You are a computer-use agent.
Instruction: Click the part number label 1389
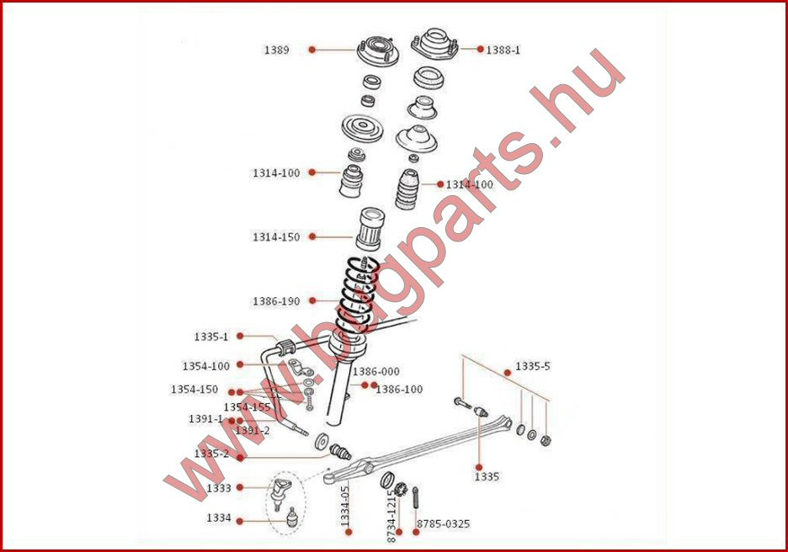(276, 50)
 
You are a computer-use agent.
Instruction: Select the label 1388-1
(503, 50)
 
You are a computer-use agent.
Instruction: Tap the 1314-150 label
(276, 236)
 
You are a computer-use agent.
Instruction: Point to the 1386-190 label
(276, 301)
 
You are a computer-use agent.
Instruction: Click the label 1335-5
(533, 366)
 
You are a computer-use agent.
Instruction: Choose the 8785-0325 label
(443, 524)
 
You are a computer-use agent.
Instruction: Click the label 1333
(219, 488)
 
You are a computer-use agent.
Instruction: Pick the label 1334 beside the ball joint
(219, 517)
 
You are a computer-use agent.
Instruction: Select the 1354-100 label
(205, 366)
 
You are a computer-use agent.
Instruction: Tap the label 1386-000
(376, 372)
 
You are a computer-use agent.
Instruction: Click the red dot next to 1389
(312, 49)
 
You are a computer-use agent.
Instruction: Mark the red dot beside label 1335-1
(240, 336)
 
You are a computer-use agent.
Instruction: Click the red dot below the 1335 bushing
(479, 467)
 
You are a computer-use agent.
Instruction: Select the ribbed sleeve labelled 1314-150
(370, 229)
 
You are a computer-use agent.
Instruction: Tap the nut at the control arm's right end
(546, 441)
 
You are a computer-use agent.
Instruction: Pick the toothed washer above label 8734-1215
(401, 488)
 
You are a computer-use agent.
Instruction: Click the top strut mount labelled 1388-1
(435, 45)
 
